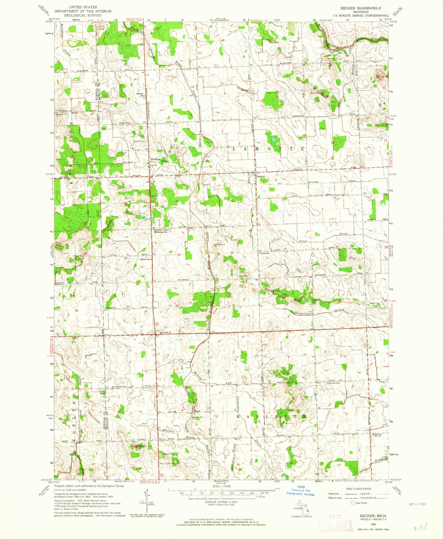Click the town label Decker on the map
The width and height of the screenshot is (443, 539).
coord(260,176)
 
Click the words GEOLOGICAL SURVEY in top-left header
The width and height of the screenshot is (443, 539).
coord(83,15)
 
